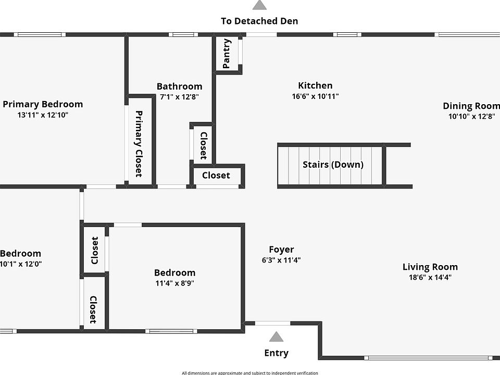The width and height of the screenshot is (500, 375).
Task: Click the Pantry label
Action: (227, 54)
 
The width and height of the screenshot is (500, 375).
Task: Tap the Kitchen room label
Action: (315, 86)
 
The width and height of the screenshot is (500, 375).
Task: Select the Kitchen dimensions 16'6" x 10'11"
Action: (315, 96)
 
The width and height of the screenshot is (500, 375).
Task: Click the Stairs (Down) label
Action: (333, 165)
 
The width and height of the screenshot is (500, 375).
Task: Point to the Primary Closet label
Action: (139, 144)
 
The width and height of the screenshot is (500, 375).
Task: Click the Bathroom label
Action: (179, 86)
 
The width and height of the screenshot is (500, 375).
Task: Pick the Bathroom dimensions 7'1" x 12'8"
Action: (179, 97)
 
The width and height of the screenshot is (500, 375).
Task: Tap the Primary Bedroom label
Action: (43, 104)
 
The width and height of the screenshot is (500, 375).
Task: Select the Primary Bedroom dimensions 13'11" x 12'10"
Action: (43, 115)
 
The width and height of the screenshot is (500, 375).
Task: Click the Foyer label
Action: (281, 249)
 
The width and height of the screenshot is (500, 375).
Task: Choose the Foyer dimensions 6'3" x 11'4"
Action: (281, 260)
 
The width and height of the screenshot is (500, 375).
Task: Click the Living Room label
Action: (430, 267)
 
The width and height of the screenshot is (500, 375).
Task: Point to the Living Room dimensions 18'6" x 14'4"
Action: (430, 278)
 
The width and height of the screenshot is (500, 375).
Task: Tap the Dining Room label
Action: (471, 106)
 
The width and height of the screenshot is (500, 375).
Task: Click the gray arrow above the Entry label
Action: (276, 337)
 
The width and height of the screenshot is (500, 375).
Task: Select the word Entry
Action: (276, 353)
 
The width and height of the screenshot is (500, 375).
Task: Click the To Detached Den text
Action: (259, 21)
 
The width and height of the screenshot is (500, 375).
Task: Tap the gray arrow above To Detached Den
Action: (259, 5)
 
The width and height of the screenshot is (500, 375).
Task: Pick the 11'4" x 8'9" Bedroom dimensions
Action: (175, 283)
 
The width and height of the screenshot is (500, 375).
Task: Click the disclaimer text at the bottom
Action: (249, 372)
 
